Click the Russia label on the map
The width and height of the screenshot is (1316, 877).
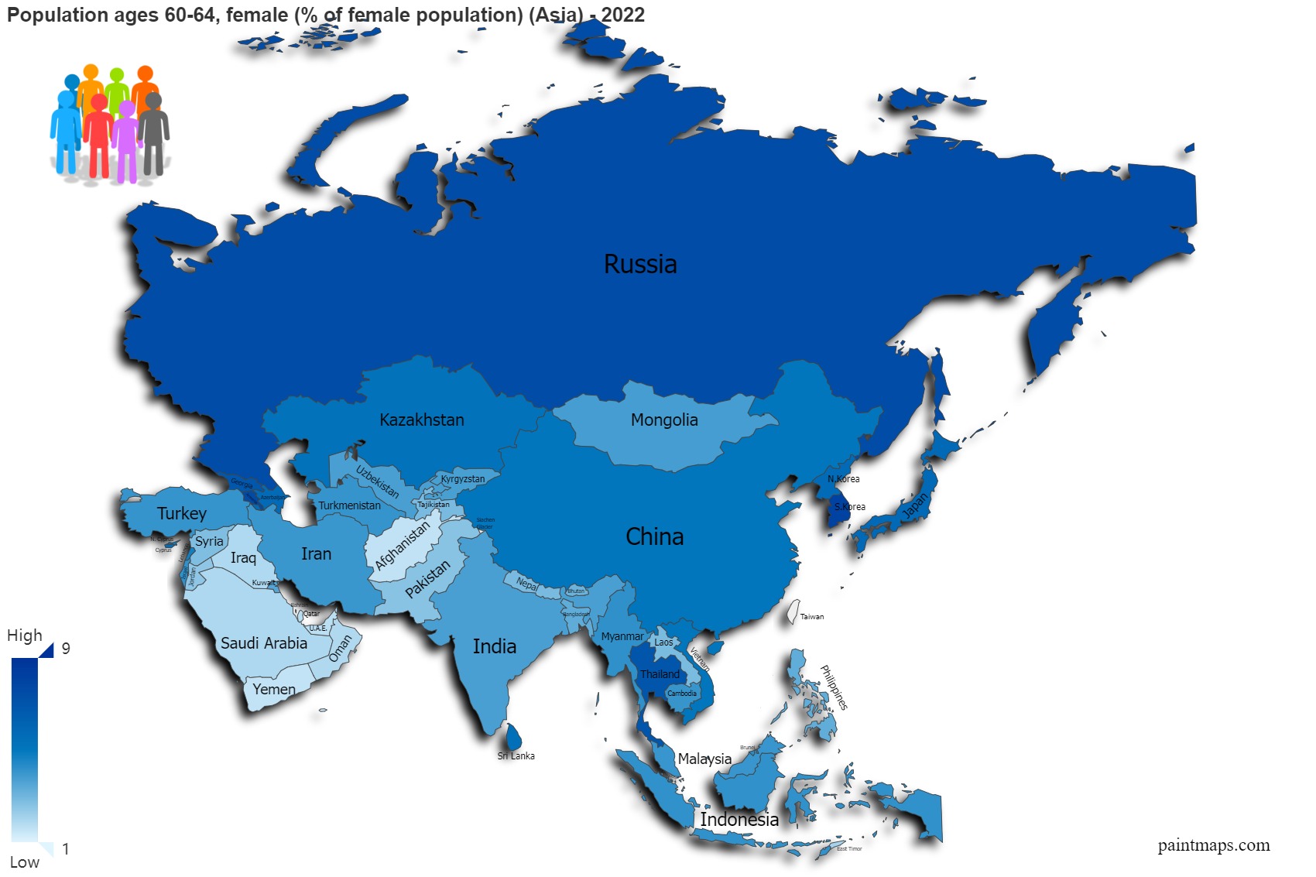tap(640, 265)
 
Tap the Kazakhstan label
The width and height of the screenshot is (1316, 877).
tap(422, 420)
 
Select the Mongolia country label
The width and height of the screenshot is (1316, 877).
tap(664, 420)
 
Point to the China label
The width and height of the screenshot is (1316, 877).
tap(654, 537)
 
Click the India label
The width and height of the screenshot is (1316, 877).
tap(494, 647)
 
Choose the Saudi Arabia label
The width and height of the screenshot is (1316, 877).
tap(264, 643)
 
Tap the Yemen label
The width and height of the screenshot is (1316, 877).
tap(274, 690)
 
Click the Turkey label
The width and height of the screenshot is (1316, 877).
tap(182, 514)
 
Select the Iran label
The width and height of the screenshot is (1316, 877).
tap(316, 554)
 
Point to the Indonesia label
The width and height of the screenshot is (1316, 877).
tap(739, 820)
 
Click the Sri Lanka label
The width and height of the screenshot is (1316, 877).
tap(516, 756)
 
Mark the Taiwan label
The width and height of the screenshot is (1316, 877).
tap(812, 617)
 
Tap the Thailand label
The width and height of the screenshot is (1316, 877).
tap(660, 674)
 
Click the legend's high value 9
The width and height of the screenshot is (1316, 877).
tap(66, 649)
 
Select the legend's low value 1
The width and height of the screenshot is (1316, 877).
tap(66, 849)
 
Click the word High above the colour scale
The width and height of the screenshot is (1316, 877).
tap(25, 635)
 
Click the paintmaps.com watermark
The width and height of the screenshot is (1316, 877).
tap(1213, 845)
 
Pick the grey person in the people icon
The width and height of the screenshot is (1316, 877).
tap(153, 132)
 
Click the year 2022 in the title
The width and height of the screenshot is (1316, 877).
tap(623, 15)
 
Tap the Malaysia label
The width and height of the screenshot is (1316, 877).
tap(704, 759)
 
